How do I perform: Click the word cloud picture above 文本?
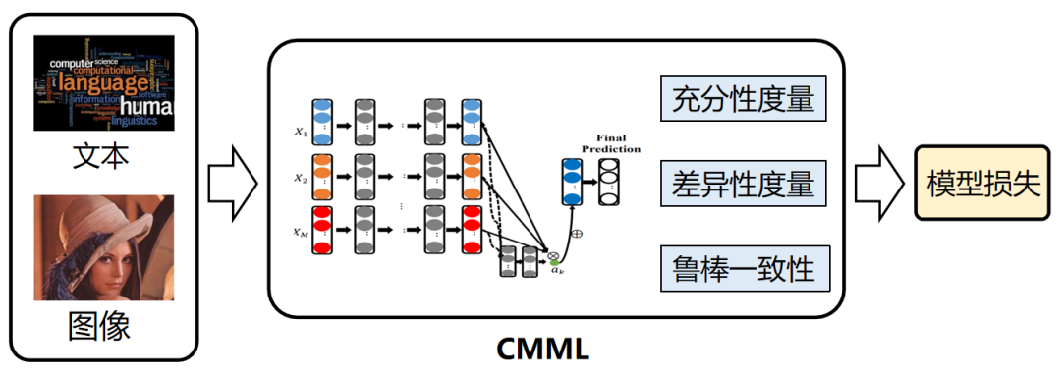[104, 82]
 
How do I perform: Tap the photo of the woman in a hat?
[104, 247]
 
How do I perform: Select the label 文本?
[101, 157]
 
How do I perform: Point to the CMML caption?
[543, 349]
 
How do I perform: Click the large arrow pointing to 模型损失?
[878, 184]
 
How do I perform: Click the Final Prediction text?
[611, 143]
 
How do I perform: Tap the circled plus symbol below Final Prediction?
[577, 235]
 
